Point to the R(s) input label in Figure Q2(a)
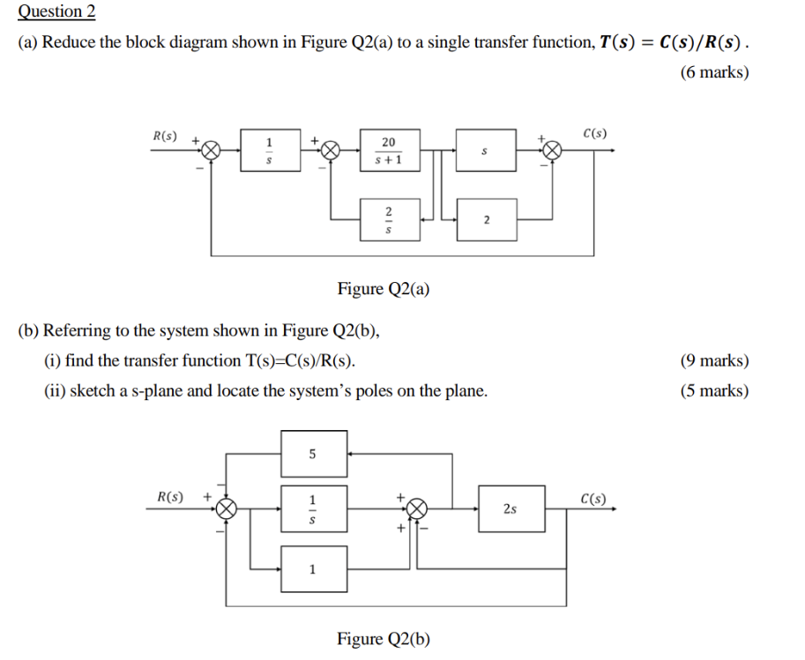pos(164,137)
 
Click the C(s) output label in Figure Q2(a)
pos(594,134)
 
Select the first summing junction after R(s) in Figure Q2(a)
pos(212,151)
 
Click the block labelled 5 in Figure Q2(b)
pos(314,454)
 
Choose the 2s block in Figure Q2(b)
pos(511,508)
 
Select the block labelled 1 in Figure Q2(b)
pos(314,568)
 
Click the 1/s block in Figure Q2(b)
pos(314,508)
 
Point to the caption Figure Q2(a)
pos(384,288)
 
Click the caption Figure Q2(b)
pos(384,638)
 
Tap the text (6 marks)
pos(714,72)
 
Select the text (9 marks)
pos(714,360)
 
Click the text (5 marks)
pos(714,390)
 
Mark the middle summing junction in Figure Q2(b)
pos(416,508)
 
